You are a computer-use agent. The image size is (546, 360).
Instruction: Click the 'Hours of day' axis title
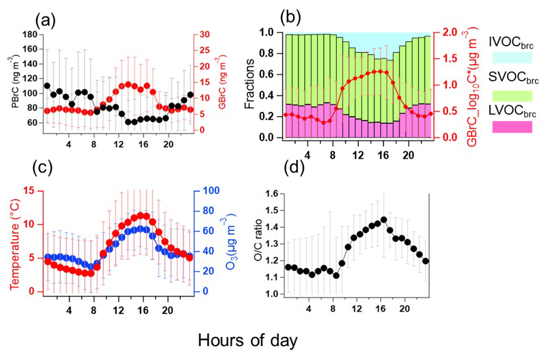click(x=247, y=341)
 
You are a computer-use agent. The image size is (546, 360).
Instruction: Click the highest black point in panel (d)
click(x=383, y=220)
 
